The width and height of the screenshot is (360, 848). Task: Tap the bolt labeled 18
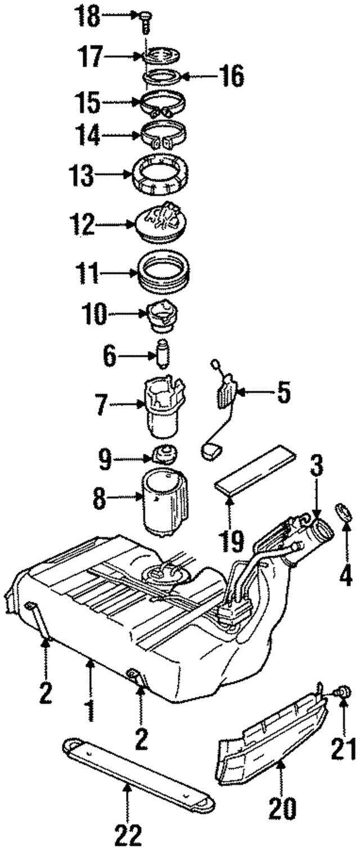tap(144, 22)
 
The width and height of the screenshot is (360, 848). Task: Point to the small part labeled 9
tap(164, 451)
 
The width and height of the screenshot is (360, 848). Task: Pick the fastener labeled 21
tap(343, 691)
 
